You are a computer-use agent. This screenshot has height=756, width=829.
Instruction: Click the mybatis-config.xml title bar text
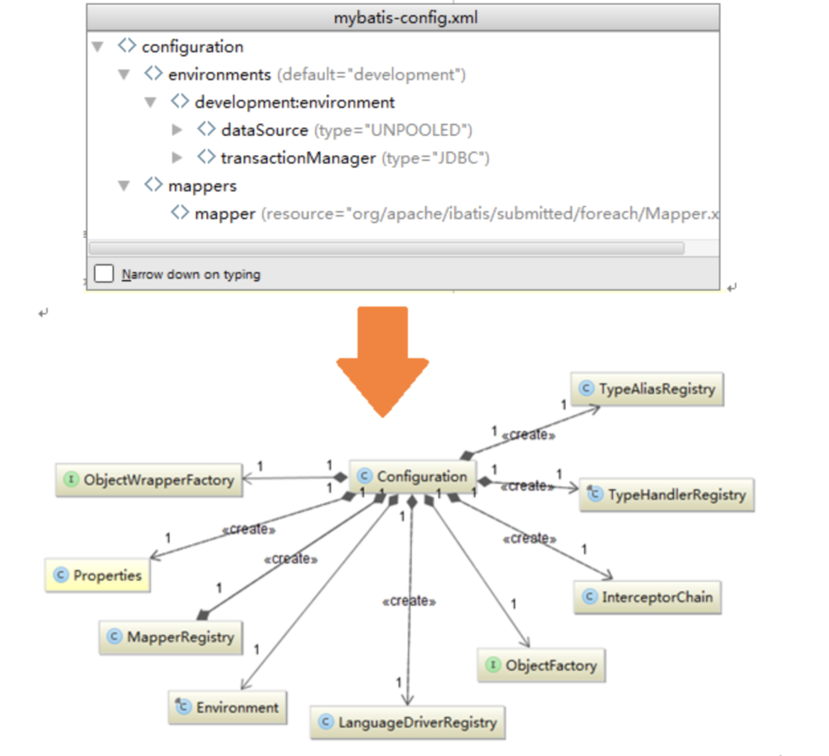[x=403, y=17]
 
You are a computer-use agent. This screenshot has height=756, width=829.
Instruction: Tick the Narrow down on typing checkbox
[x=104, y=274]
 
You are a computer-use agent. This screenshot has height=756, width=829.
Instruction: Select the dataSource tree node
[x=264, y=130]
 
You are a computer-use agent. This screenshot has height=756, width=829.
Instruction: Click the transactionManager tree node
[x=298, y=157]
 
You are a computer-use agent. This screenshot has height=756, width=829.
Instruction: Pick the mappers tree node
[x=202, y=186]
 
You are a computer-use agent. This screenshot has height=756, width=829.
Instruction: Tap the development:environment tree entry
[x=294, y=103]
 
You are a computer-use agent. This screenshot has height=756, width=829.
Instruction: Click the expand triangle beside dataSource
[x=177, y=130]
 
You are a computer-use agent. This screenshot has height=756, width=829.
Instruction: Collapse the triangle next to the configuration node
[x=98, y=47]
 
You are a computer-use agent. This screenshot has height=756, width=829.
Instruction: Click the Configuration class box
[x=413, y=477]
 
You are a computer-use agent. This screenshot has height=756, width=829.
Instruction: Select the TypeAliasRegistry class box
[x=647, y=388]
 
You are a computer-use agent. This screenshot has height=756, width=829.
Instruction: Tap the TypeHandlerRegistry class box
[x=667, y=495]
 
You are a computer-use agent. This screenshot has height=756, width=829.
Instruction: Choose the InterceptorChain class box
[x=647, y=597]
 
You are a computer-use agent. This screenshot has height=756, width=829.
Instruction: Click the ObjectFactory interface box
[x=541, y=665]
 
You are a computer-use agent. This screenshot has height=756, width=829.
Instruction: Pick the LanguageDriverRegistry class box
[x=407, y=722]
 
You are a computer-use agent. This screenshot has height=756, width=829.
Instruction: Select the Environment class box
[x=228, y=708]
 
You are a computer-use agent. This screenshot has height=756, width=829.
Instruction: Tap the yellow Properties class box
[x=98, y=575]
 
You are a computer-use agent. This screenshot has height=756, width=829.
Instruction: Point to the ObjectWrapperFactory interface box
[x=149, y=479]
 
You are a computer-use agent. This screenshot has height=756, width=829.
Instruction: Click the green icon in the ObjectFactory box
[x=493, y=665]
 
